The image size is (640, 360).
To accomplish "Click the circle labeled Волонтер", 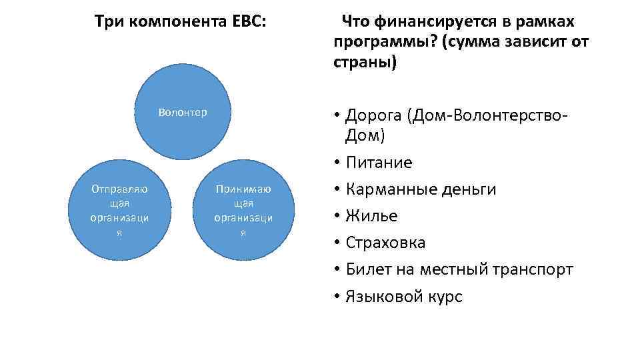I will click(183, 112).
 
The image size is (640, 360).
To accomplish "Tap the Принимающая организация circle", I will click(243, 209).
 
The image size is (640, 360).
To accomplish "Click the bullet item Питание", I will click(379, 163).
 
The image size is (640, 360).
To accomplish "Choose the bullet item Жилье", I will click(371, 216).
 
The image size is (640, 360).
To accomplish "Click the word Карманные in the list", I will click(391, 189).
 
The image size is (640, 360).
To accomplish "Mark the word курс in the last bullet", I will click(445, 297).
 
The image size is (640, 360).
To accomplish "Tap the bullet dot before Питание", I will click(339, 163).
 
